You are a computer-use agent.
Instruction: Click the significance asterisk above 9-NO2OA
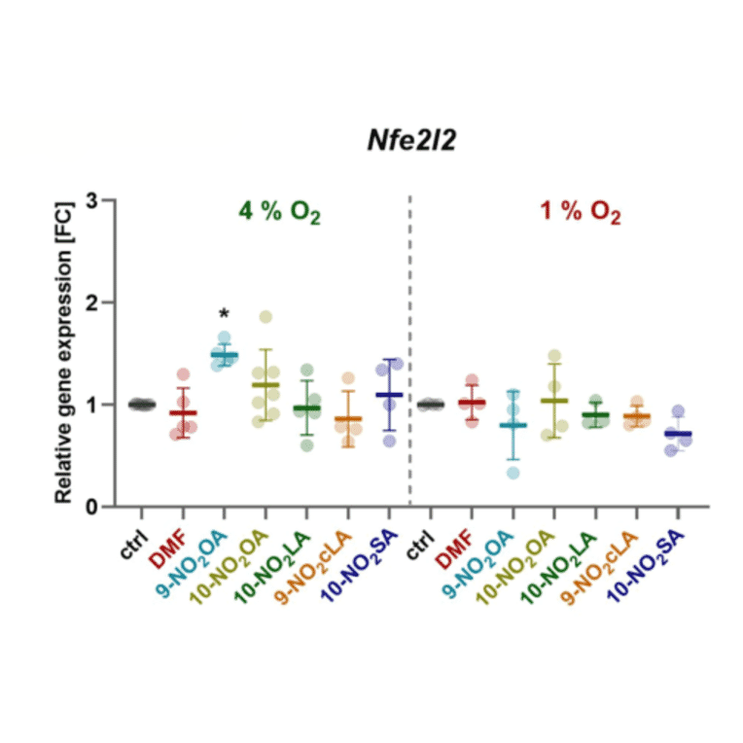pyautogui.click(x=224, y=314)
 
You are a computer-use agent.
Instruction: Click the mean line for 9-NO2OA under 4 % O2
pyautogui.click(x=224, y=355)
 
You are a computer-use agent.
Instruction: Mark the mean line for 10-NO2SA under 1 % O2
pyautogui.click(x=679, y=434)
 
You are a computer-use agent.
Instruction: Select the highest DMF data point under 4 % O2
pyautogui.click(x=183, y=374)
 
